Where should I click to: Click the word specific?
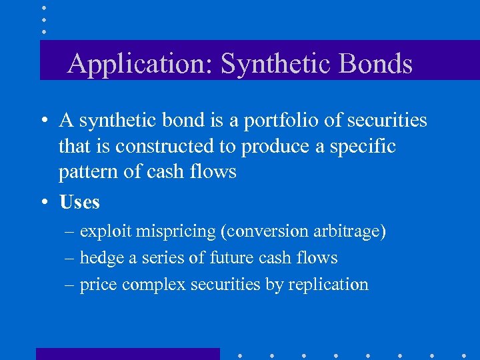click(365, 146)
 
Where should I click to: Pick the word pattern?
click(85, 171)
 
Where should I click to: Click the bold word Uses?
click(79, 201)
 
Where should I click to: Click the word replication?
click(328, 285)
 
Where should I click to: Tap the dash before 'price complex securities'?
click(70, 285)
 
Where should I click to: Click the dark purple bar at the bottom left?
click(127, 353)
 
